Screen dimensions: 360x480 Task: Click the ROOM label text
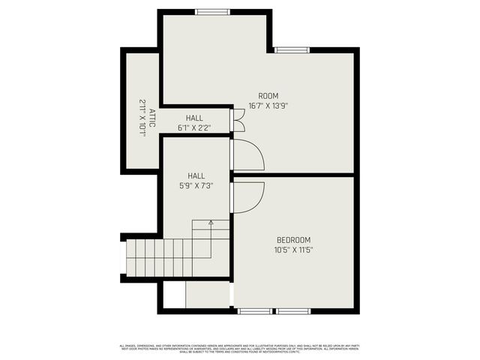268,95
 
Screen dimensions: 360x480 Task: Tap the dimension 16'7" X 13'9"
268,106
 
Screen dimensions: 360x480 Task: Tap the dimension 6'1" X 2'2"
194,127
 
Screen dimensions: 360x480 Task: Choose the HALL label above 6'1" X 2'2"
194,118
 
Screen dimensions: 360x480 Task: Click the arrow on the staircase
211,223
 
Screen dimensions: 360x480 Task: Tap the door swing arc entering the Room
250,154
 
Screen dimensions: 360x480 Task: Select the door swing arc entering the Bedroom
250,196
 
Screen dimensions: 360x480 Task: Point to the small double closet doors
238,120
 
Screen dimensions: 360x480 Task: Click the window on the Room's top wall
213,11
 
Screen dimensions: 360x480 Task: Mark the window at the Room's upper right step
291,50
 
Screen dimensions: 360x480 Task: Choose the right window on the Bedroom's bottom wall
294,310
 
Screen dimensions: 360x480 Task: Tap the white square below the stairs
174,294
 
